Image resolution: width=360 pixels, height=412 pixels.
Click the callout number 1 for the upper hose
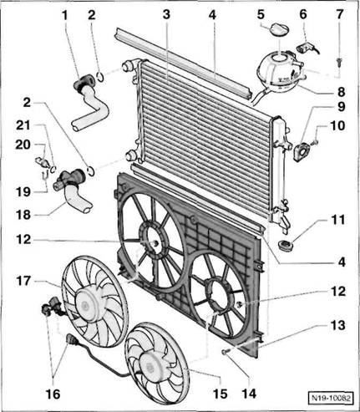pos(65,16)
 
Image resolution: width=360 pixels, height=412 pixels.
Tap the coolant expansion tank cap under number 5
pos(279,30)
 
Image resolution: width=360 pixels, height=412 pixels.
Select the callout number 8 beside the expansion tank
pos(341,92)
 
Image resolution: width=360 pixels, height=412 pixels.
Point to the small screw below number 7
pos(339,62)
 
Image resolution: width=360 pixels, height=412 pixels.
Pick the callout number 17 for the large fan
pos(23,281)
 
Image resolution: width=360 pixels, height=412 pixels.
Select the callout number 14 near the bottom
pos(249,394)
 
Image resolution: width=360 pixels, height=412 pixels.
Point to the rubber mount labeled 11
pos(285,244)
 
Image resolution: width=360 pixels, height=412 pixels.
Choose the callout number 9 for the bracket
pos(341,107)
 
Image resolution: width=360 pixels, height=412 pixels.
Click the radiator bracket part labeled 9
pos(301,150)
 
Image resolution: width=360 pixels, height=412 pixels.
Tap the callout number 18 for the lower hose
pos(23,215)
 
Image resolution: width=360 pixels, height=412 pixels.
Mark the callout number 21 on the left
pos(23,125)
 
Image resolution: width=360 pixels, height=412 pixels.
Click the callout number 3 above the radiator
pos(166,15)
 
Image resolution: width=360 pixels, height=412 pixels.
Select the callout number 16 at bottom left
pos(53,394)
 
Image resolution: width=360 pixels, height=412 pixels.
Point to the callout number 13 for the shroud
pos(337,325)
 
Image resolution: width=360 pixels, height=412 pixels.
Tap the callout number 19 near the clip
pos(23,191)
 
